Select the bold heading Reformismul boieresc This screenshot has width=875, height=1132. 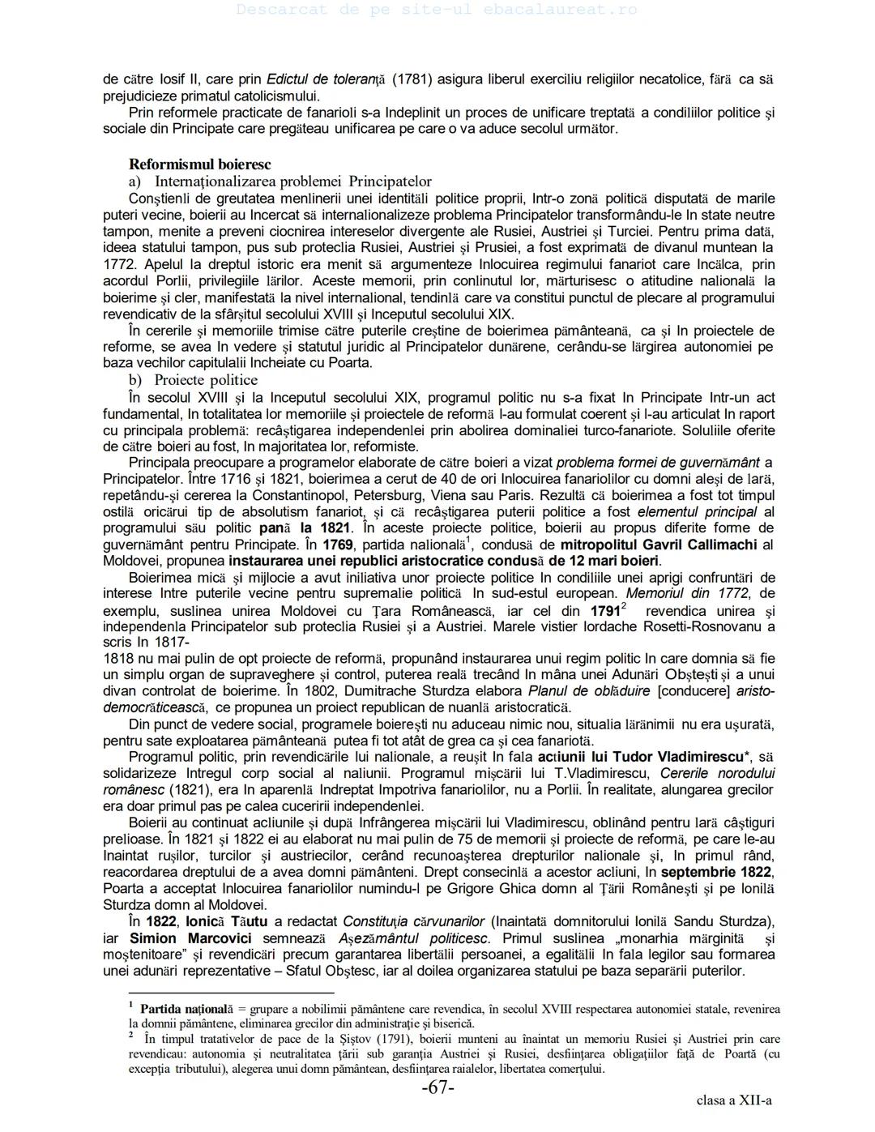(x=199, y=164)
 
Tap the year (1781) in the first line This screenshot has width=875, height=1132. (x=412, y=79)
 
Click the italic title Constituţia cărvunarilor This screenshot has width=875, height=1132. (x=413, y=921)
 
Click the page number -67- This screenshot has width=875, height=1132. (x=437, y=1088)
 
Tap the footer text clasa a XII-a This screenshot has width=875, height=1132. (x=733, y=1100)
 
